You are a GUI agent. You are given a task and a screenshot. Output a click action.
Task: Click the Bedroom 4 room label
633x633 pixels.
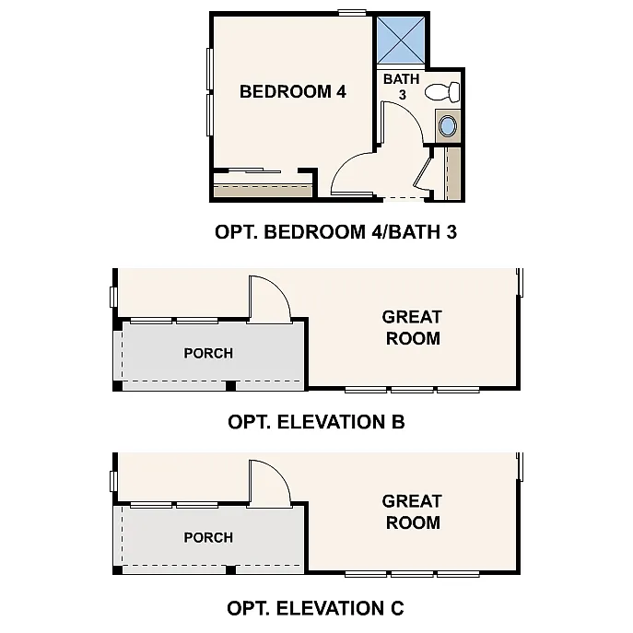[293, 91]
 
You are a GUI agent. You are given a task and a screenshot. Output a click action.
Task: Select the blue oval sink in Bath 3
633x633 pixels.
[449, 125]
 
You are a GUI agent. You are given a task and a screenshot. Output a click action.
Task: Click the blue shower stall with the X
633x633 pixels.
[400, 39]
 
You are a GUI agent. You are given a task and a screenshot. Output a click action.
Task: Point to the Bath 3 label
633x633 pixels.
[402, 87]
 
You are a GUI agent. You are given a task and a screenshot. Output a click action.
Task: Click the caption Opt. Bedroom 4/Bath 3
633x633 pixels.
[335, 232]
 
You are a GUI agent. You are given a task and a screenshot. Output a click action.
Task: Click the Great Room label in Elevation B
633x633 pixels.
[412, 327]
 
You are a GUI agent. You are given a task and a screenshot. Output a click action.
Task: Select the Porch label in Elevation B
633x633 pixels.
[208, 353]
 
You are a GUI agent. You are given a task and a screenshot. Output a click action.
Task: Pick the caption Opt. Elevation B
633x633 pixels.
[316, 423]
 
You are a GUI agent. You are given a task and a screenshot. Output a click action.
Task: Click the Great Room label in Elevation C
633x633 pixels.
[412, 511]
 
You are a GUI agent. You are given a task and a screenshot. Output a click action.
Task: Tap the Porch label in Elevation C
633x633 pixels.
[208, 537]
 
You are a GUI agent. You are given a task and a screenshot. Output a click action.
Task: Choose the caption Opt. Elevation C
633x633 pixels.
[315, 608]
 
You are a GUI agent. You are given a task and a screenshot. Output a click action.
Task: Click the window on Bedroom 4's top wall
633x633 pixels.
[351, 12]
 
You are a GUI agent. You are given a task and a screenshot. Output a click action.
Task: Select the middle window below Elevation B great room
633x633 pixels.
[412, 390]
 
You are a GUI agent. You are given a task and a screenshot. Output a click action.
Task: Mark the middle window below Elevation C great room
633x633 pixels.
[412, 574]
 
